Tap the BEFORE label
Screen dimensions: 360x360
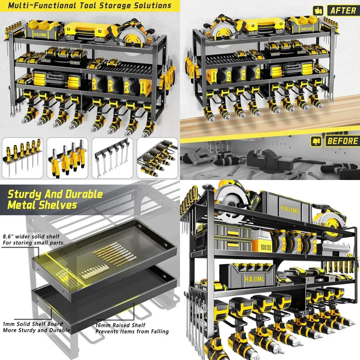[x=342, y=141]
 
